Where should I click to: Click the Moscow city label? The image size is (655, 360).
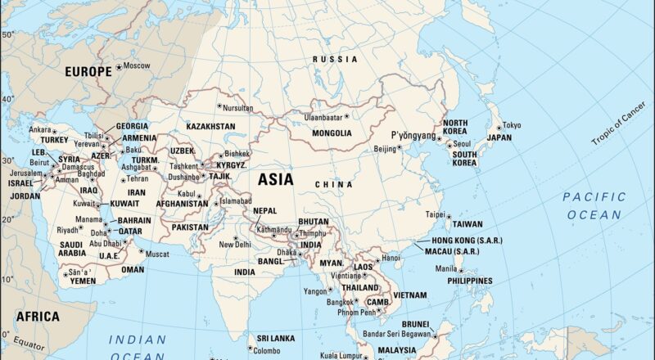[137, 65]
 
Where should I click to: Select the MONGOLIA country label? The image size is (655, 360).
[332, 133]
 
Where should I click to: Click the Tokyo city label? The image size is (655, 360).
[511, 125]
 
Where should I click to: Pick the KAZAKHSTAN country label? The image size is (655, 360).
[210, 127]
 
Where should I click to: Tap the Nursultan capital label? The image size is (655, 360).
[238, 107]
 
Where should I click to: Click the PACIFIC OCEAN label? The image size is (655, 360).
[594, 205]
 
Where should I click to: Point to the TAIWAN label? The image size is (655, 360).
[468, 224]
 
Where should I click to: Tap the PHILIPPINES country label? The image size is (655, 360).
[470, 280]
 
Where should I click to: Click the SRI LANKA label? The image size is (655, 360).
[275, 338]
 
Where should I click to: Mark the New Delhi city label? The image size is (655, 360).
[235, 245]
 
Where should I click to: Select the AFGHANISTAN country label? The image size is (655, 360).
[182, 204]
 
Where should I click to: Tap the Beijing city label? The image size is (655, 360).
[385, 149]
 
